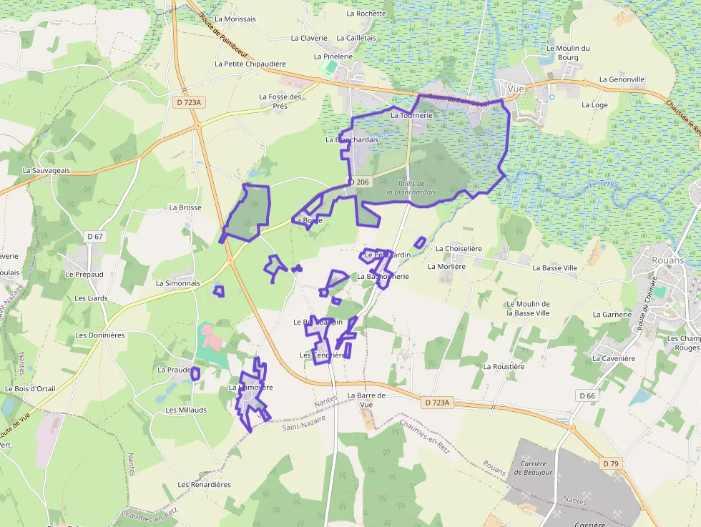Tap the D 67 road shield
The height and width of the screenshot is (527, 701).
tap(95, 236)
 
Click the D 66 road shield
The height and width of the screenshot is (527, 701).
tap(587, 395)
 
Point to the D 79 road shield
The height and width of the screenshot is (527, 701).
tap(610, 464)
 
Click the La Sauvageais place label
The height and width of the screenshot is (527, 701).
tap(46, 171)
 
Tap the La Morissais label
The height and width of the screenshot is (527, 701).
tap(235, 19)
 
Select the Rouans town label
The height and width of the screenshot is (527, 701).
tap(667, 260)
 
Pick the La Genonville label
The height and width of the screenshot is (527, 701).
tap(622, 79)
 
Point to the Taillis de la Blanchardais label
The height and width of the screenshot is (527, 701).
tap(411, 187)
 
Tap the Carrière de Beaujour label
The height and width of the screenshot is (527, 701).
tap(532, 468)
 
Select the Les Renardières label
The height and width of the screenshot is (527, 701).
tap(204, 485)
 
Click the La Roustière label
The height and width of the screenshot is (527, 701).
tap(504, 367)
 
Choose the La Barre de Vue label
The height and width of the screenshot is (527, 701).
tap(366, 400)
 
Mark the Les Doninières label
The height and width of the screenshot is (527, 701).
tap(100, 335)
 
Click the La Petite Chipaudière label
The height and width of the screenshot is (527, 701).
tap(250, 64)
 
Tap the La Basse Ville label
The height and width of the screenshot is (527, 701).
tap(554, 268)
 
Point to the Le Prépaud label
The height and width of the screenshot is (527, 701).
tap(84, 274)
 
